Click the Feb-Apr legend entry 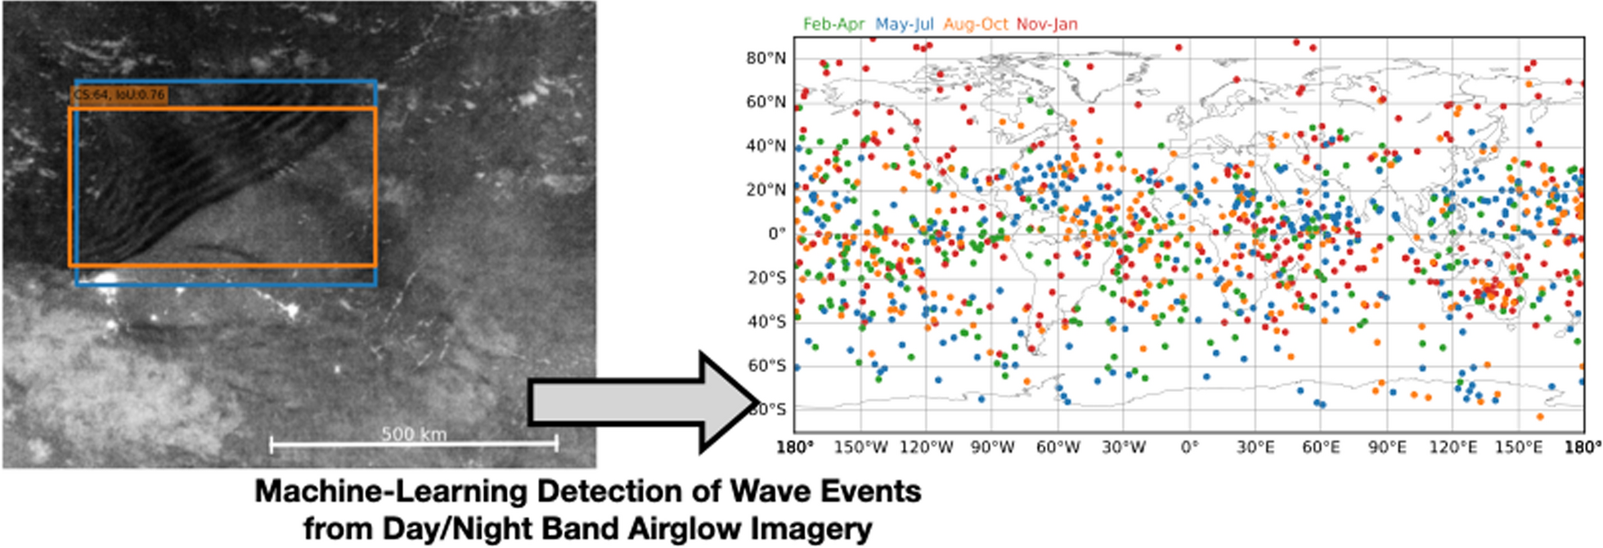pos(833,25)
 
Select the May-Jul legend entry pos(904,25)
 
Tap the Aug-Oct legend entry pos(976,25)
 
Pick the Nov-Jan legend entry pos(1047,25)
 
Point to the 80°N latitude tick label pos(766,58)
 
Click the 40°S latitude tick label pos(766,322)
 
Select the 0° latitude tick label pos(776,234)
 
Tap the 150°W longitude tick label pos(860,447)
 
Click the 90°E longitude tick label pos(1387,447)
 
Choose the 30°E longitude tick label pos(1255,447)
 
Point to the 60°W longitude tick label pos(1057,447)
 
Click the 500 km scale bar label pos(414,433)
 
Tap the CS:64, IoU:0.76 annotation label pos(119,95)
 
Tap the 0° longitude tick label pos(1189,447)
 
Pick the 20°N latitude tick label pos(766,190)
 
